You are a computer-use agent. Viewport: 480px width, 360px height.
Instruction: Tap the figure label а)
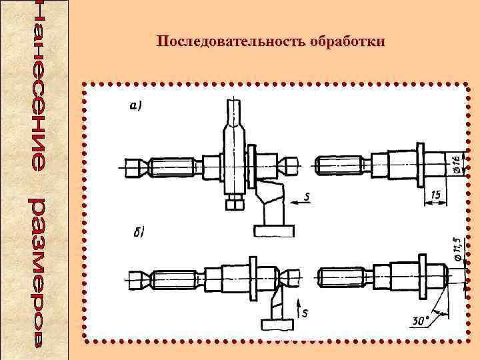(x=136, y=106)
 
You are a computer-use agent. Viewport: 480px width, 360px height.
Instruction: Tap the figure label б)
(x=137, y=233)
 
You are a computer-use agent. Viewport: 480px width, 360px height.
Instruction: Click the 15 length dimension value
(x=436, y=193)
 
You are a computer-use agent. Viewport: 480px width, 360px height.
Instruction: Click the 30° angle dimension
(x=421, y=321)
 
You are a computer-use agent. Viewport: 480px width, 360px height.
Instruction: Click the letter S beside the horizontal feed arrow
(x=305, y=195)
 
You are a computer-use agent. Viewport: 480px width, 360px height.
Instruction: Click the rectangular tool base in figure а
(x=273, y=231)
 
